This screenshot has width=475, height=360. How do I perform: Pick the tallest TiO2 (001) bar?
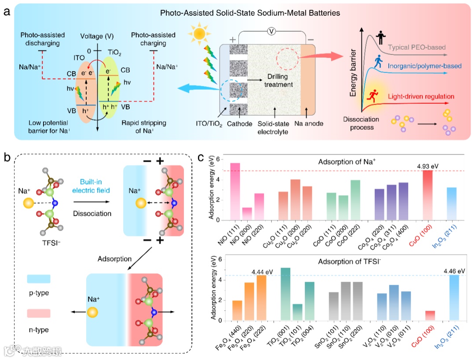(x=285, y=294)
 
